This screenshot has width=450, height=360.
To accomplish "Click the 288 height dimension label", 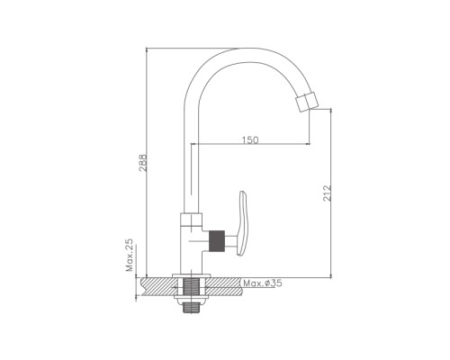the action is tap(144, 163).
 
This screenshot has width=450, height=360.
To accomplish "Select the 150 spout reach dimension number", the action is tap(250, 139).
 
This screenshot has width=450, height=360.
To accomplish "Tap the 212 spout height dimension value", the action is tap(328, 193).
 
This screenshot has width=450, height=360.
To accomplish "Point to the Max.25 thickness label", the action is tap(130, 255).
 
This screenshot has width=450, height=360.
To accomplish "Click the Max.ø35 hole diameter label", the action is tap(263, 283).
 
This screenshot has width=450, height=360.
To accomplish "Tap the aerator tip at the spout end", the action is tap(306, 102).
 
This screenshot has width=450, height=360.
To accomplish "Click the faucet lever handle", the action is tap(242, 223).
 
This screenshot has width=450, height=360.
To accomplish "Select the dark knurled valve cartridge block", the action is tap(217, 240).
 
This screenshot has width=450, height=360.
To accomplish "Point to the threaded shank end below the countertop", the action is tap(191, 307).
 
